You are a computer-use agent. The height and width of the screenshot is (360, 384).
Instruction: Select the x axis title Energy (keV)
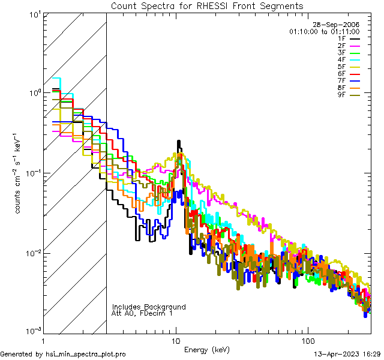pyautogui.click(x=206, y=350)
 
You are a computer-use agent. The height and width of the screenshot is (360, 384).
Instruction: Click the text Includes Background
pyautogui.click(x=149, y=307)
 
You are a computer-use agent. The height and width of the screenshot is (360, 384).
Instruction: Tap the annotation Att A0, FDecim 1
pyautogui.click(x=142, y=313)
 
